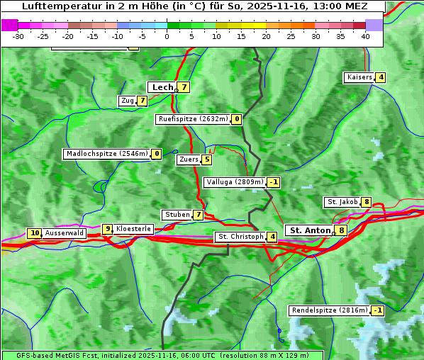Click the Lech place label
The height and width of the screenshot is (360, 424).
pyautogui.click(x=162, y=87)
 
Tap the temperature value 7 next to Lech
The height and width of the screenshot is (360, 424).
pyautogui.click(x=184, y=87)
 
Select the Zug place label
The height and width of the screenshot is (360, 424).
pyautogui.click(x=128, y=101)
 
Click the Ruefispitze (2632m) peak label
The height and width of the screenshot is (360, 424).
pyautogui.click(x=194, y=119)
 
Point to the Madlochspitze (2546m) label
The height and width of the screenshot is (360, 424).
pyautogui.click(x=106, y=154)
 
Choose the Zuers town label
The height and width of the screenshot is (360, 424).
pyautogui.click(x=189, y=159)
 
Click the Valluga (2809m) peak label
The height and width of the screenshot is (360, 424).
pyautogui.click(x=235, y=182)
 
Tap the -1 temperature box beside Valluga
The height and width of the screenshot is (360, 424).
pyautogui.click(x=274, y=182)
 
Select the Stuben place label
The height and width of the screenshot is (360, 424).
pyautogui.click(x=177, y=215)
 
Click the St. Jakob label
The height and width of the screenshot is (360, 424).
pyautogui.click(x=342, y=202)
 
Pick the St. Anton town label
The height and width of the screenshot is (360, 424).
pyautogui.click(x=310, y=230)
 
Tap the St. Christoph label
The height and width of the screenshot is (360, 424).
pyautogui.click(x=240, y=237)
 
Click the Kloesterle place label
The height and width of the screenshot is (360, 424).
pyautogui.click(x=133, y=229)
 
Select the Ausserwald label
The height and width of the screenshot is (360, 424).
pyautogui.click(x=65, y=233)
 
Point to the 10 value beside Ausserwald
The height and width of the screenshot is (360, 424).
pyautogui.click(x=34, y=233)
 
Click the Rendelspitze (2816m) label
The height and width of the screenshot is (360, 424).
pyautogui.click(x=330, y=310)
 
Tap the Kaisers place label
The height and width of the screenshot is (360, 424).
pyautogui.click(x=359, y=77)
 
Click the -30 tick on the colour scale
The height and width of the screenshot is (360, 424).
pyautogui.click(x=18, y=36)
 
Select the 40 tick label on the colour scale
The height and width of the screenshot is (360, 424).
pyautogui.click(x=365, y=36)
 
